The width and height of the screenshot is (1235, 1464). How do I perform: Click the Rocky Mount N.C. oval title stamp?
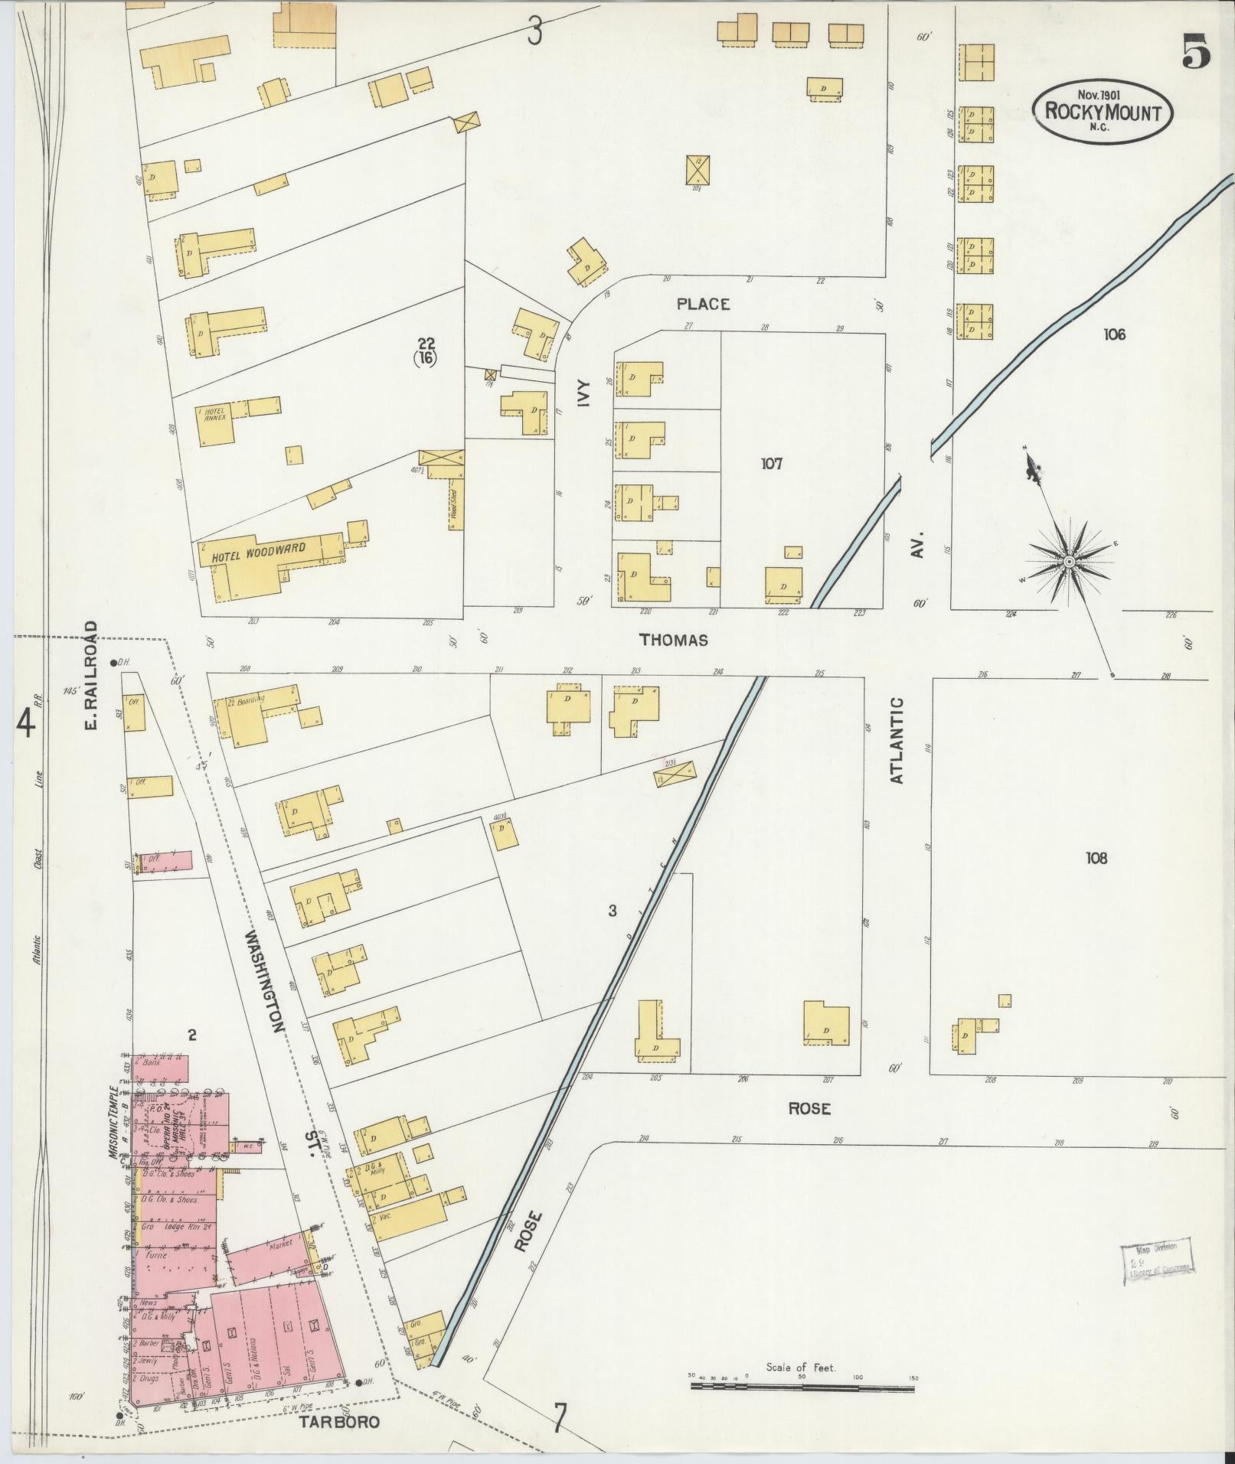point(1103,112)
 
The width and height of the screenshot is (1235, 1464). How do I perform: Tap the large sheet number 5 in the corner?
point(1195,51)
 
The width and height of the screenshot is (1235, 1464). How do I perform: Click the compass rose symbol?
point(1067,562)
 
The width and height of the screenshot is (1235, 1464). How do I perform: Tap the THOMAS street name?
point(674,640)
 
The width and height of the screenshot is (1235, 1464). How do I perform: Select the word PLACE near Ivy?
point(702,304)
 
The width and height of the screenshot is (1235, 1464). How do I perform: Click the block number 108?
point(1096,858)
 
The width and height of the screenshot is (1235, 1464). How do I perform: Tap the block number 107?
point(771,463)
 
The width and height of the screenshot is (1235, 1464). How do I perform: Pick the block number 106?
point(1114,334)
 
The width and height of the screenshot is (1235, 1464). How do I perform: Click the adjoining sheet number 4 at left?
point(27,723)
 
